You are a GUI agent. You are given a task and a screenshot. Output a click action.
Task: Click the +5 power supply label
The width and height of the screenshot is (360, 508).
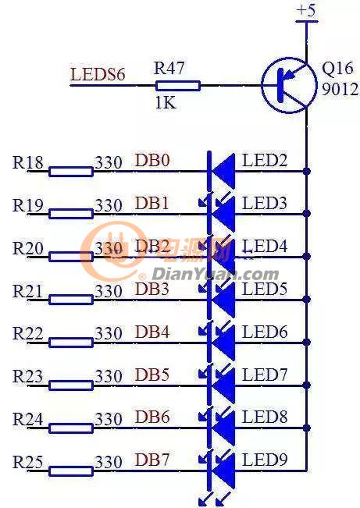pos(306,10)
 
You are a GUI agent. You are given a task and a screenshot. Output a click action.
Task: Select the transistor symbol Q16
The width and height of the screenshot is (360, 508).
pos(289,85)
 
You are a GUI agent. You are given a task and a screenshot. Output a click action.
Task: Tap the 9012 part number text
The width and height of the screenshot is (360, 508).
pos(340,89)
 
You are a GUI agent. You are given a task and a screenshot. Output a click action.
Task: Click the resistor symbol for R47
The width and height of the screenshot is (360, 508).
pos(178,86)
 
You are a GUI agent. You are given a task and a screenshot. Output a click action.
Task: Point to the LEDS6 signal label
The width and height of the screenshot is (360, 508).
pos(98,74)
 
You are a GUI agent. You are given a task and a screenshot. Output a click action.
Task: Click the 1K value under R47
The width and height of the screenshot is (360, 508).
pos(166,103)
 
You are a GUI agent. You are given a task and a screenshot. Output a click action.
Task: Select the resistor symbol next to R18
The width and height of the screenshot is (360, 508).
pos(71,172)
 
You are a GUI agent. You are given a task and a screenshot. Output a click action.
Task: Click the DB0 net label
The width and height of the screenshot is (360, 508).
pos(152,160)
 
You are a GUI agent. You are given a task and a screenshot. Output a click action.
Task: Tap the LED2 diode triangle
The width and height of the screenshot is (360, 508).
pos(223,171)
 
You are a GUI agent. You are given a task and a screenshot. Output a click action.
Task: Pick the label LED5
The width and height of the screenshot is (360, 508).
pos(265,289)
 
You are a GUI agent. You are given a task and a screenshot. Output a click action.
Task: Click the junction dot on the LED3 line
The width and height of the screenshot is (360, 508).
pos(306,213)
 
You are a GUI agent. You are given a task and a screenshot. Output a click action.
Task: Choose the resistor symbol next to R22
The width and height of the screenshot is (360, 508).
pos(71,343)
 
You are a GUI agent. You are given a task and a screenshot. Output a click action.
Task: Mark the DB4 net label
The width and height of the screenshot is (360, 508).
pos(152,332)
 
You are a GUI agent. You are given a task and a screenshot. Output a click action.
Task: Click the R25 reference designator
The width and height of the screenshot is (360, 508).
pos(27,461)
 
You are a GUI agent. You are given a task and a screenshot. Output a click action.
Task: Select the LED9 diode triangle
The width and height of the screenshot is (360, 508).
pos(223,471)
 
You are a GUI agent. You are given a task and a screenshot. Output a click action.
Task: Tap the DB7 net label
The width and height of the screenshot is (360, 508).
pos(152,460)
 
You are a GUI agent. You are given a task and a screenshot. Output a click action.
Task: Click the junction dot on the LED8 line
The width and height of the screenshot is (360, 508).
pos(306,428)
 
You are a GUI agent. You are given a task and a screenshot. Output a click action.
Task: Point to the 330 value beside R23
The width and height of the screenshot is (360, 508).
pos(109,376)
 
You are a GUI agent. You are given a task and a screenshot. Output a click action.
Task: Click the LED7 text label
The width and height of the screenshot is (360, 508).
pos(265,375)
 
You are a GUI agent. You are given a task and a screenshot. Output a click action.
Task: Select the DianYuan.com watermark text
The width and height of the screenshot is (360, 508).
pos(216,275)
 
